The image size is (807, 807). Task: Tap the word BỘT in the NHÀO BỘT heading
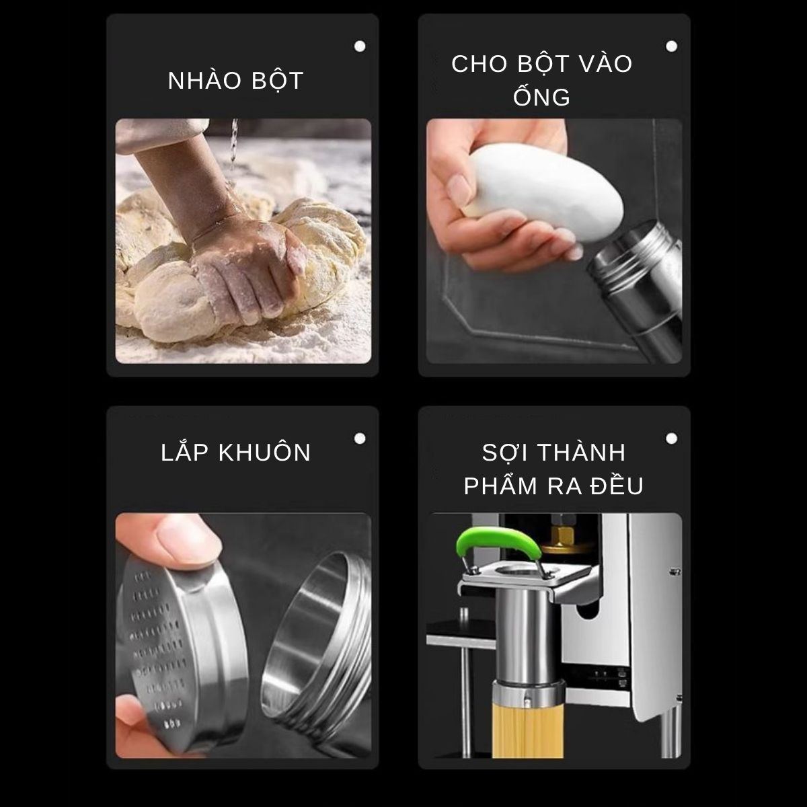[x=278, y=81]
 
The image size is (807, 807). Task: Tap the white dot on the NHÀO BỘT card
[x=360, y=46]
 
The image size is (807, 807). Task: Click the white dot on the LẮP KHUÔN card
[x=360, y=438]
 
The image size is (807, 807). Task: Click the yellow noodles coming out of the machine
[x=529, y=729]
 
